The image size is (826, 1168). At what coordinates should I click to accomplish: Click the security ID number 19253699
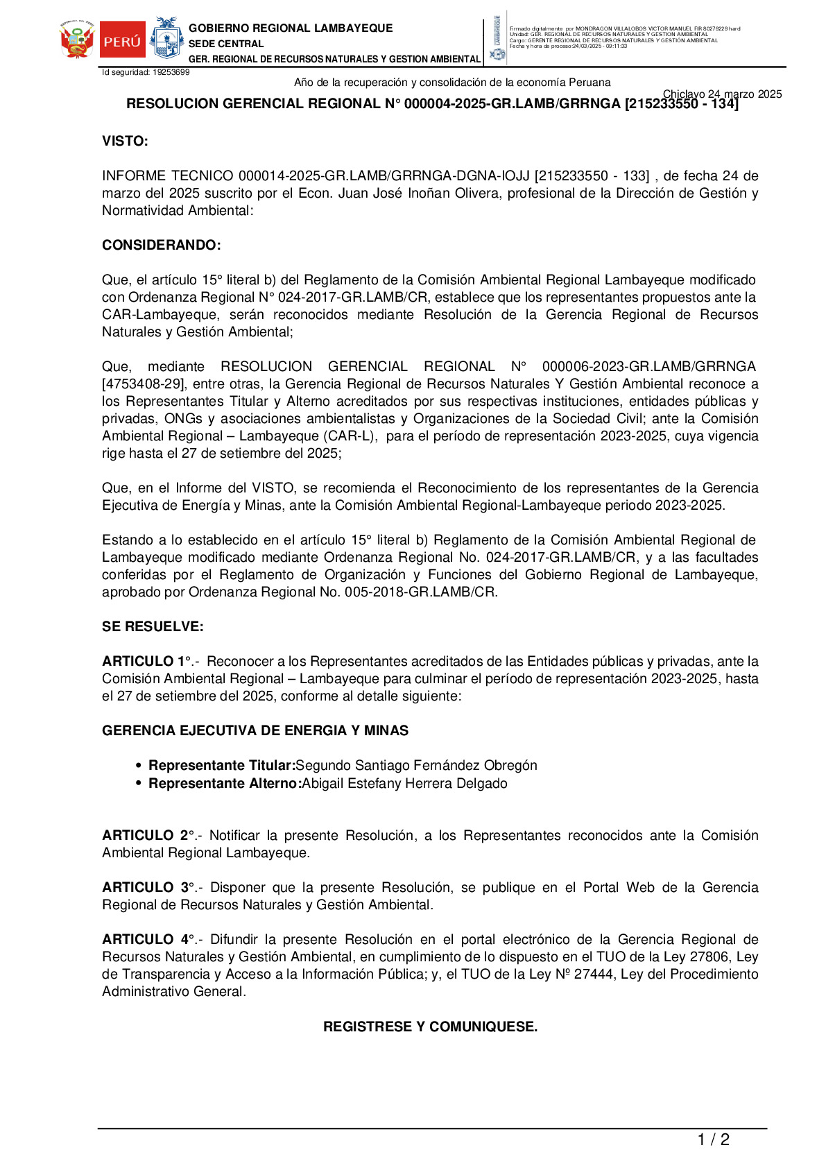(171, 72)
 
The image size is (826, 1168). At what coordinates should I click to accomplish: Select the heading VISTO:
(125, 141)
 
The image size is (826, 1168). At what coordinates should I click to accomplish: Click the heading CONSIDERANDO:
(162, 246)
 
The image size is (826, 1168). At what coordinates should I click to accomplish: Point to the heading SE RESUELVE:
(153, 627)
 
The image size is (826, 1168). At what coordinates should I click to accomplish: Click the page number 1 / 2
(713, 1140)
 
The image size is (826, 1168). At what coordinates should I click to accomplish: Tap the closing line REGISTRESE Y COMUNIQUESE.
(430, 1027)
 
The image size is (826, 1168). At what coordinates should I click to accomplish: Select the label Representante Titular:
(222, 766)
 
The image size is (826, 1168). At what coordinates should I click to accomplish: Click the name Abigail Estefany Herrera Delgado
(404, 784)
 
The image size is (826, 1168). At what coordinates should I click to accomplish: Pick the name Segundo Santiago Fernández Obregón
(416, 766)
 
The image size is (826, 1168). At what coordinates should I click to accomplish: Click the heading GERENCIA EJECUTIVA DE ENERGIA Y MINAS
(255, 731)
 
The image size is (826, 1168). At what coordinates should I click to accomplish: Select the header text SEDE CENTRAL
(226, 44)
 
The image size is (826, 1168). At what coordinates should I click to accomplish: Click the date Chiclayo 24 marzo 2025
(722, 94)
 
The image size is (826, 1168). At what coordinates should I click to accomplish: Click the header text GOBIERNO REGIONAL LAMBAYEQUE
(291, 28)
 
